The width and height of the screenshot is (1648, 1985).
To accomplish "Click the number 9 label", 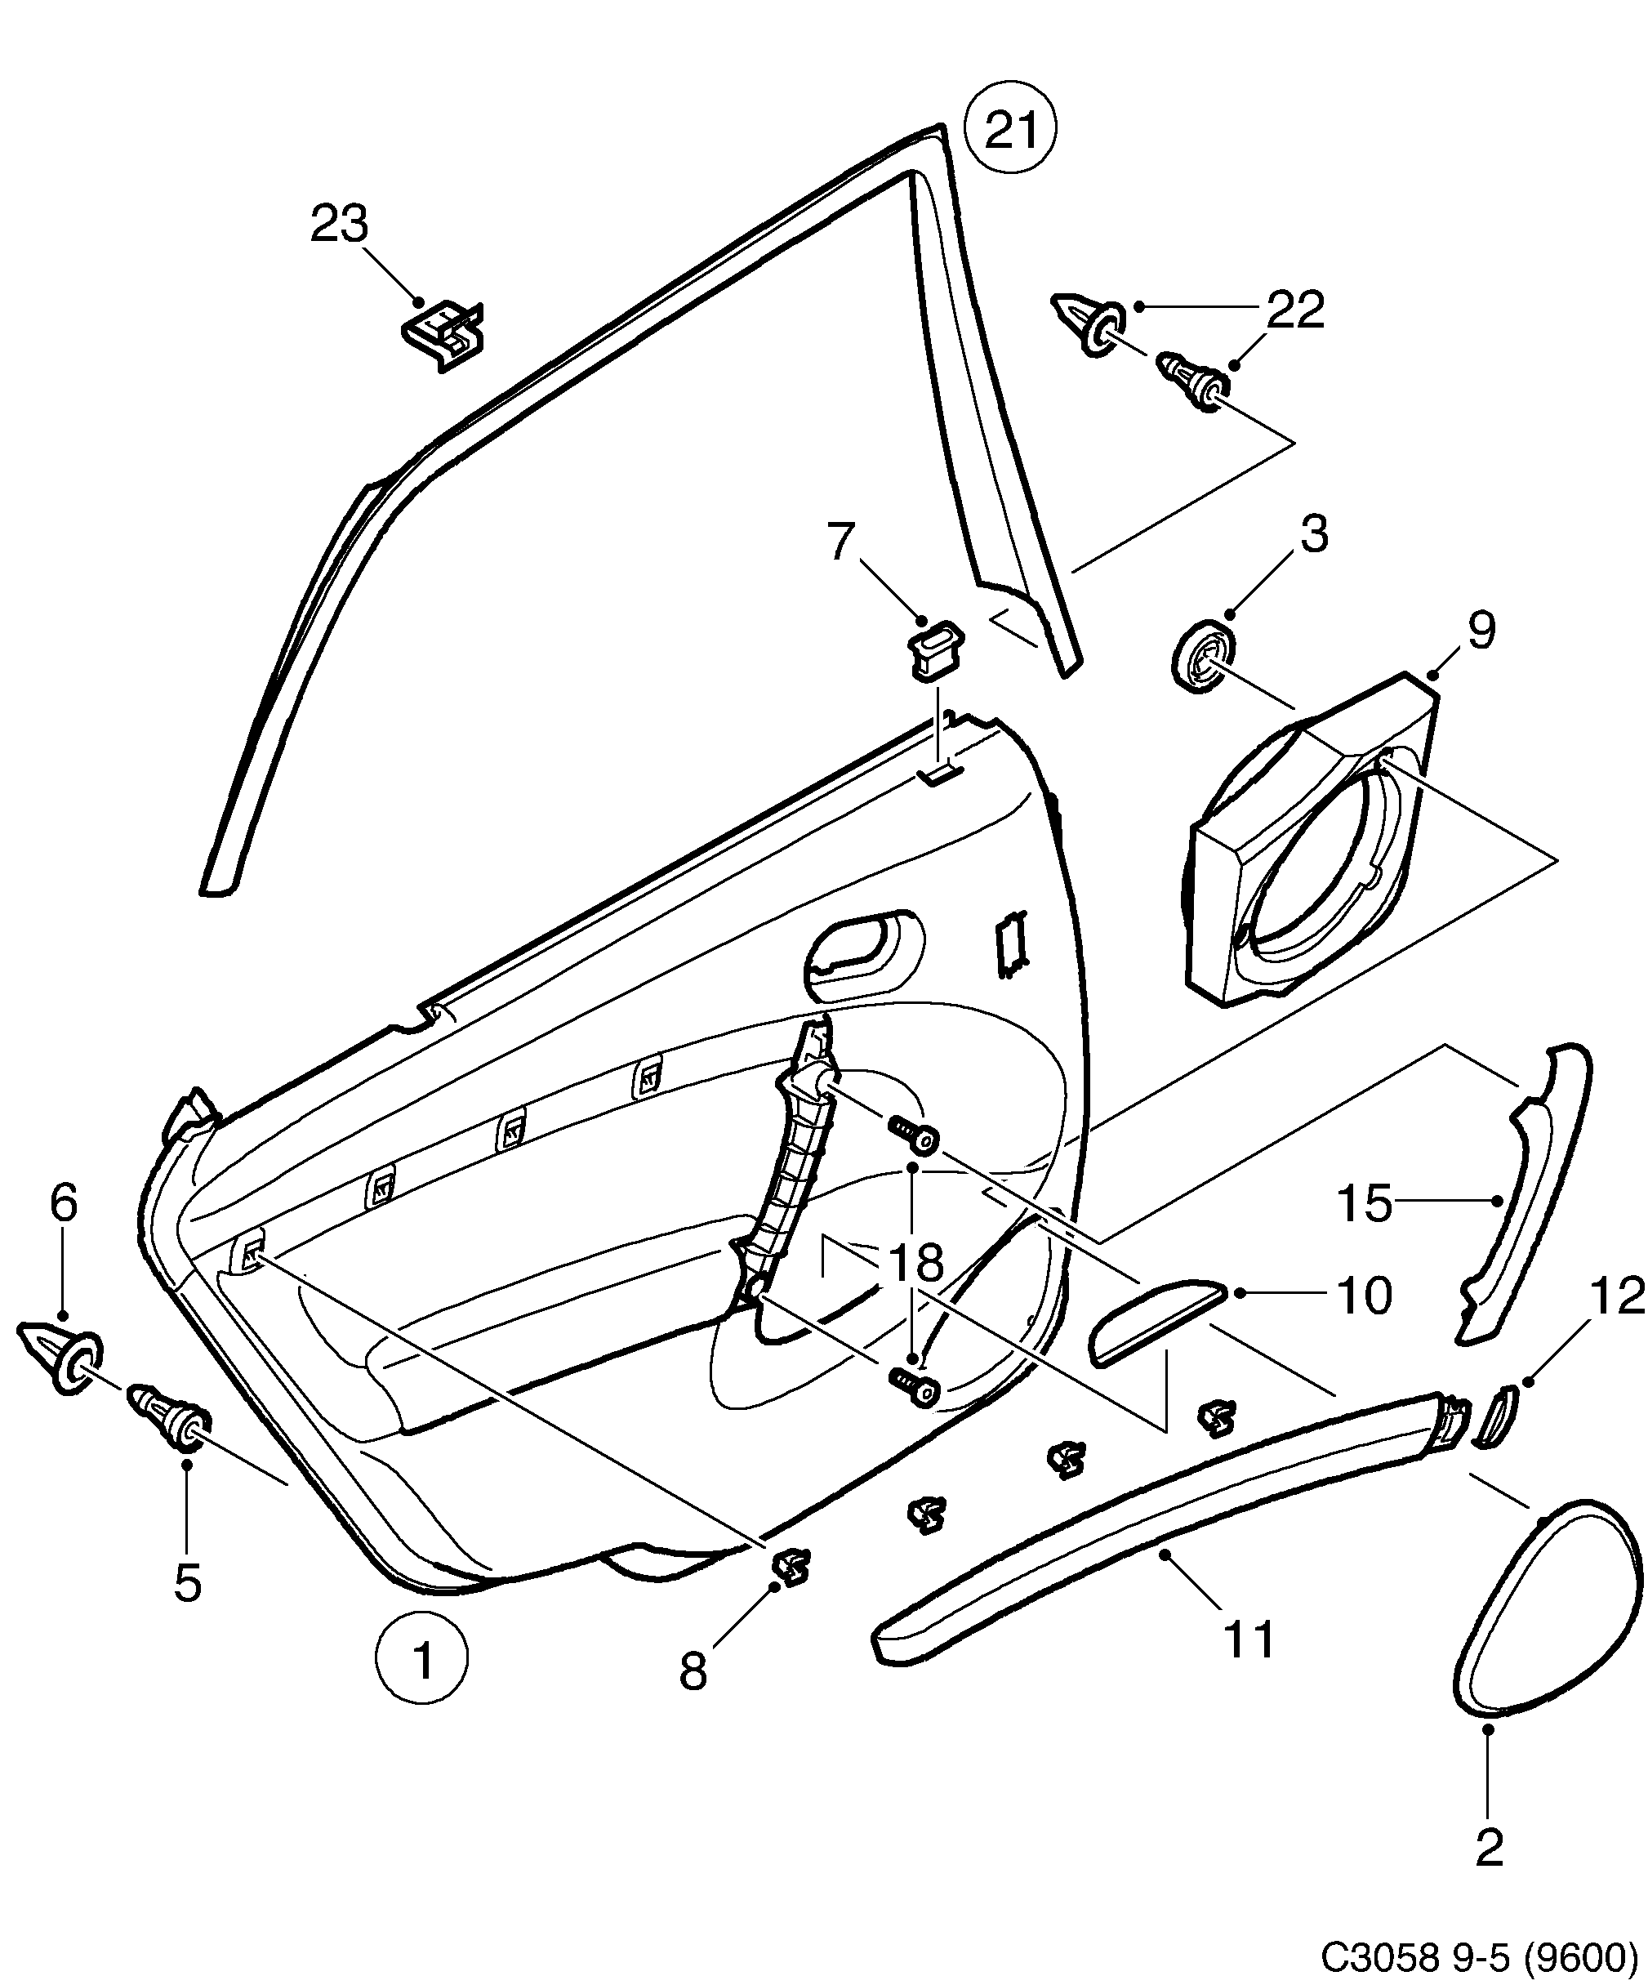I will click(1481, 631).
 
